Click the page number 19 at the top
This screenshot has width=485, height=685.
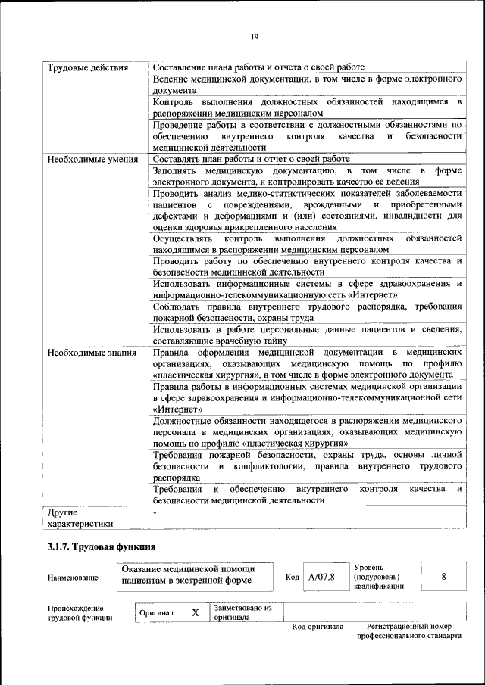[x=255, y=38]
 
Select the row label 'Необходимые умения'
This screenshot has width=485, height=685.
[x=92, y=160]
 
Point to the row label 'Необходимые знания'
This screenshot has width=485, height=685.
[x=92, y=353]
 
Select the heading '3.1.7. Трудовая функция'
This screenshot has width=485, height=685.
[x=101, y=546]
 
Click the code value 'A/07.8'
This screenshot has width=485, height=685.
[x=321, y=578]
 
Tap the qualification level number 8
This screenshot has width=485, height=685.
[x=443, y=577]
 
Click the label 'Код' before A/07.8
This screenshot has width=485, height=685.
[x=293, y=578]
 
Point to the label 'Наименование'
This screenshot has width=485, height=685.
[x=73, y=578]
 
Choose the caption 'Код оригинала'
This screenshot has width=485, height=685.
[x=318, y=627]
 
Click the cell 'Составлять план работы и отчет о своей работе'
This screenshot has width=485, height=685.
[x=251, y=160]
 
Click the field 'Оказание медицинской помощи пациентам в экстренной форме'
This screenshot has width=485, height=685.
[x=189, y=575]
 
